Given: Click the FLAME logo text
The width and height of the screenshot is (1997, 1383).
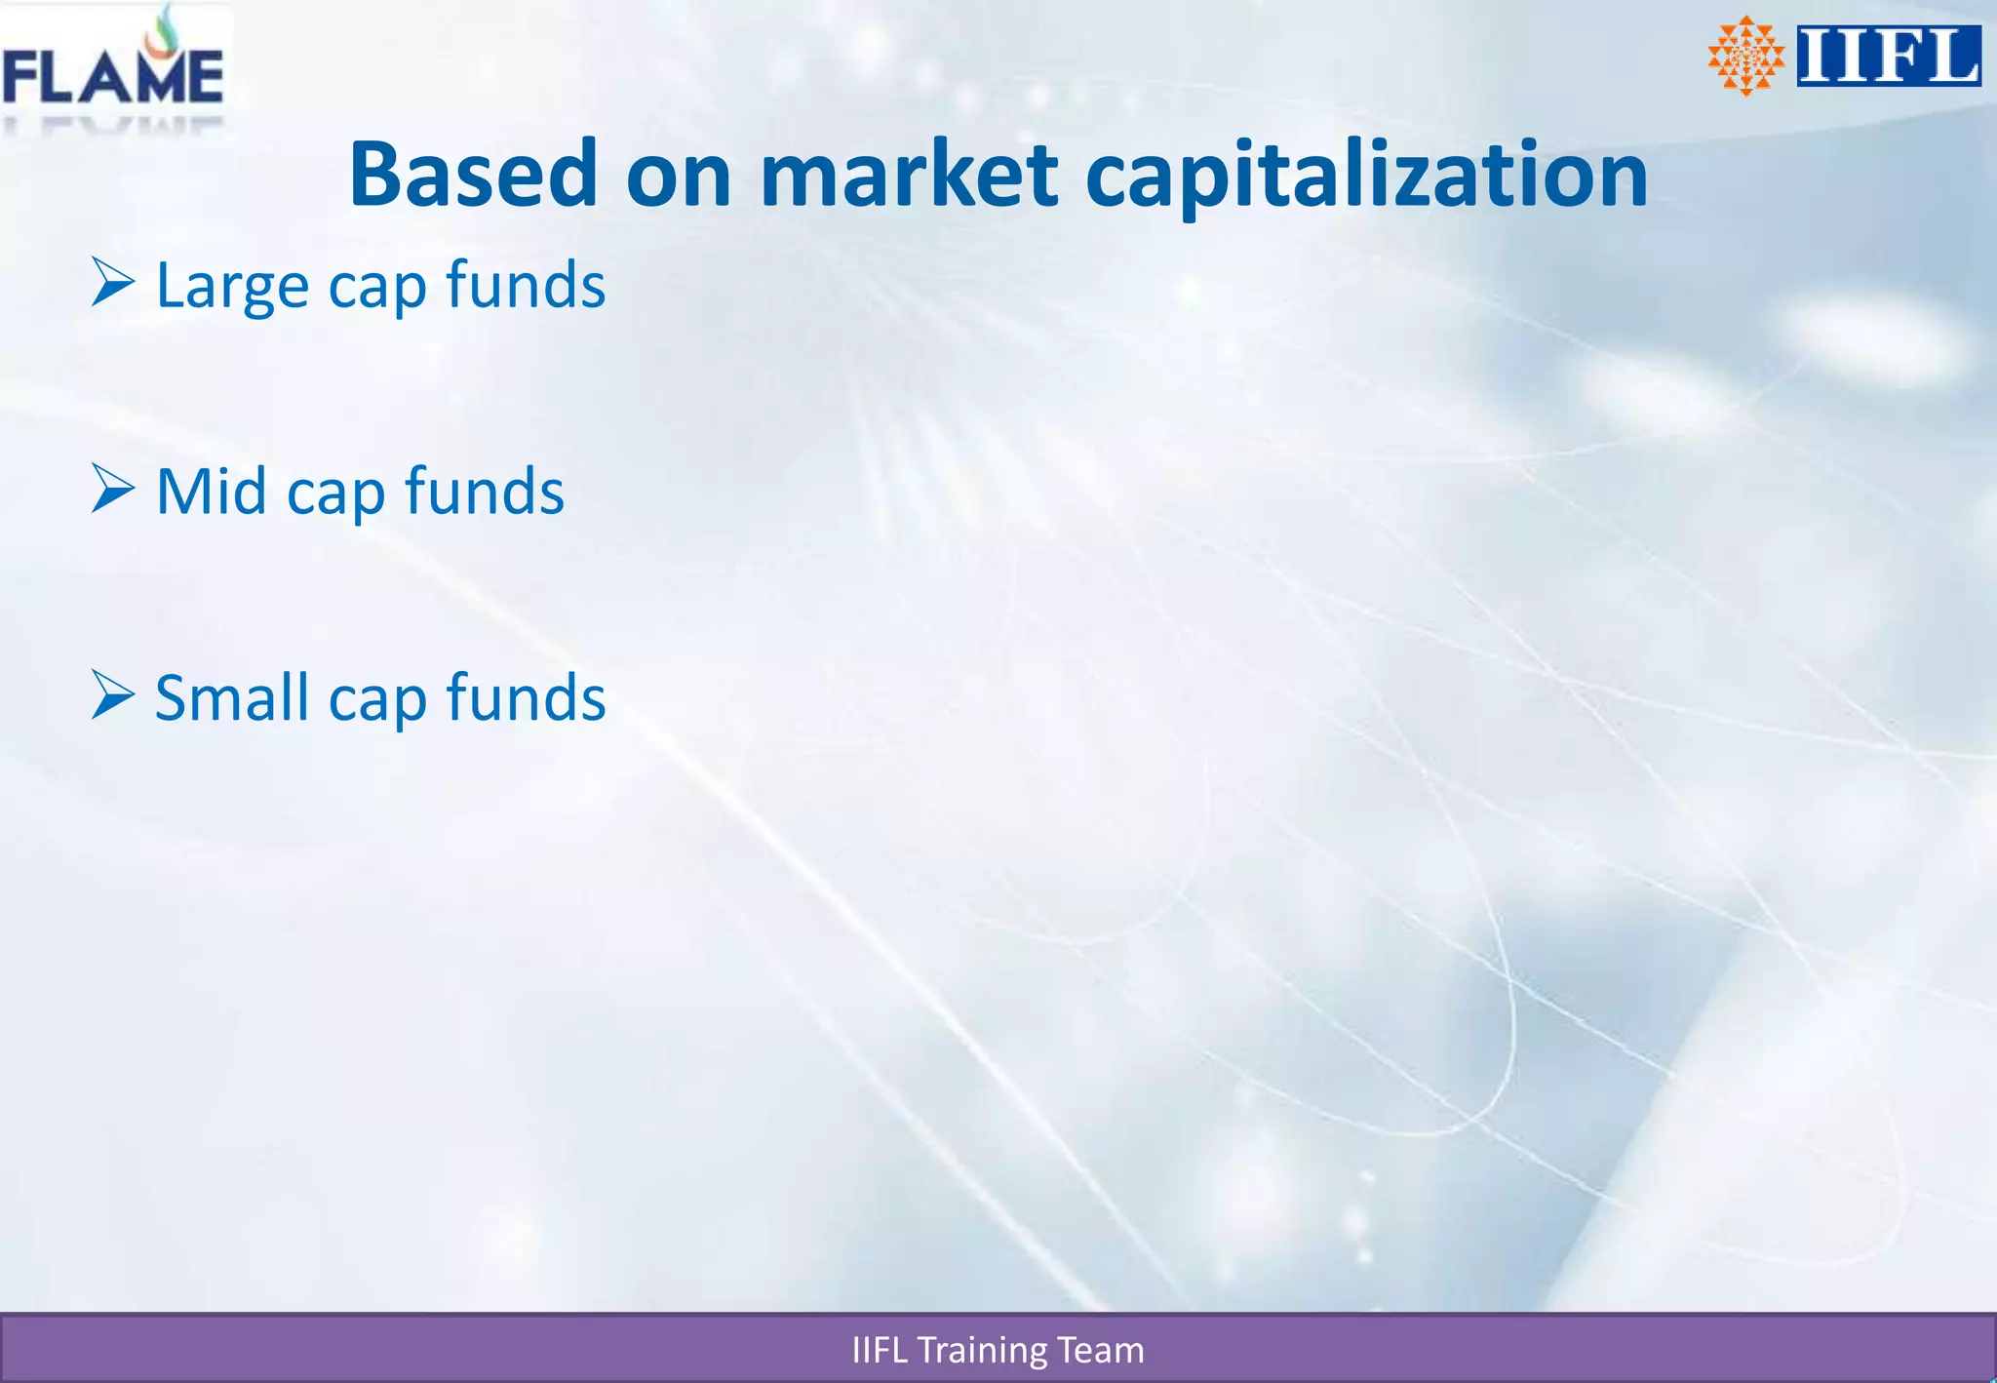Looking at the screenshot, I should [112, 78].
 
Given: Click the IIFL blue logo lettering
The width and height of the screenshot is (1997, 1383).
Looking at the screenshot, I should [1888, 57].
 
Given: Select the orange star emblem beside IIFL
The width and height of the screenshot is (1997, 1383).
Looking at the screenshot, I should [1745, 56].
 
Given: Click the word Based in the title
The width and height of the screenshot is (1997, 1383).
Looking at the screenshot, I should [473, 176].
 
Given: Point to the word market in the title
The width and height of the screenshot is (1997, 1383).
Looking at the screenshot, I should [908, 176].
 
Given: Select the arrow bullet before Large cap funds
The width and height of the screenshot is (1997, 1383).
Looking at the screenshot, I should [113, 283].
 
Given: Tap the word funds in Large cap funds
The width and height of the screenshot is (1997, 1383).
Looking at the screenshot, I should [526, 285].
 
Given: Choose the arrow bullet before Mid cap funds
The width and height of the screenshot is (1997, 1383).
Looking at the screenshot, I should [113, 489].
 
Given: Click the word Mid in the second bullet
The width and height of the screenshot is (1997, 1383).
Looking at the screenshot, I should [211, 491].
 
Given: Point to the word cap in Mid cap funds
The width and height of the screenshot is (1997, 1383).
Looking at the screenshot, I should [335, 494].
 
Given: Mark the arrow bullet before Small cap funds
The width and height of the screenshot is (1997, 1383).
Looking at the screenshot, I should [113, 695].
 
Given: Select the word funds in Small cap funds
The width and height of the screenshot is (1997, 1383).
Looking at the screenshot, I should [526, 698].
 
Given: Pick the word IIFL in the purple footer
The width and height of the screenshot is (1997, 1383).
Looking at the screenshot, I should [880, 1350].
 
